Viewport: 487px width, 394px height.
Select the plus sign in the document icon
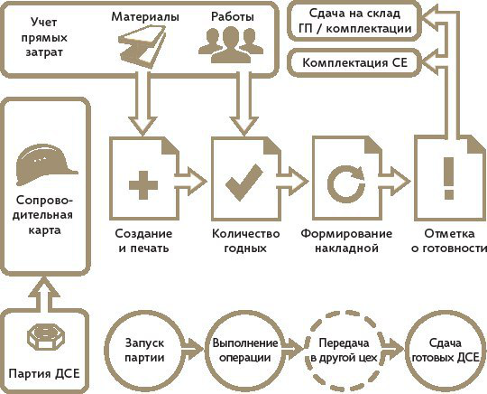pos(143,185)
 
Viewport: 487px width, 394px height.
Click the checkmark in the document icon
pos(244,183)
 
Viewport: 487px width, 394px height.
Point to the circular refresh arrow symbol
pos(345,183)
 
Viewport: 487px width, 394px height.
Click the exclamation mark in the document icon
pos(449,178)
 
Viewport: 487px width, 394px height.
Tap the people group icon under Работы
pos(231,45)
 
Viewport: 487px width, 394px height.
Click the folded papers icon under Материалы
pos(142,46)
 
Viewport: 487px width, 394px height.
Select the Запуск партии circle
pos(144,350)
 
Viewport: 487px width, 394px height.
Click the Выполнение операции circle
pos(244,350)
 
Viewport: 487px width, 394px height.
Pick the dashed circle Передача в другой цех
pos(345,350)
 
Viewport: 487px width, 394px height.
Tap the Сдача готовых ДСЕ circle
pos(445,350)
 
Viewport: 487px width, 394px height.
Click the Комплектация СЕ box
pos(354,63)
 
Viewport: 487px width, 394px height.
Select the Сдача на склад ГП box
pos(354,21)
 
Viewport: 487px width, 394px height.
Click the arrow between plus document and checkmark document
pos(190,182)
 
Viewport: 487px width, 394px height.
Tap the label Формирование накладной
pos(346,241)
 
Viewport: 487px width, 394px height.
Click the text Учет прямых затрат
pos(44,37)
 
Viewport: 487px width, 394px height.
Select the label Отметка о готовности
pos(449,241)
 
